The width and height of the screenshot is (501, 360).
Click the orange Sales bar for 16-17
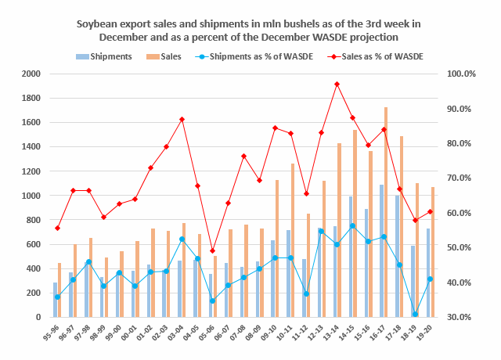coord(386,211)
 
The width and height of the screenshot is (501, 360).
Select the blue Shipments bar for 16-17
coord(381,250)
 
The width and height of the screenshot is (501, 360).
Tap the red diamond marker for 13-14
coord(337,84)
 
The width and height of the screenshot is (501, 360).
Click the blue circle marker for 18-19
coord(414,315)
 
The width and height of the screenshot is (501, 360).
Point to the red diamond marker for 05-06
coord(213,250)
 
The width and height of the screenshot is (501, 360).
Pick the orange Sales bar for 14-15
coord(355,223)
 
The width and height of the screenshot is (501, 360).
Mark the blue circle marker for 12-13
coord(321,231)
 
